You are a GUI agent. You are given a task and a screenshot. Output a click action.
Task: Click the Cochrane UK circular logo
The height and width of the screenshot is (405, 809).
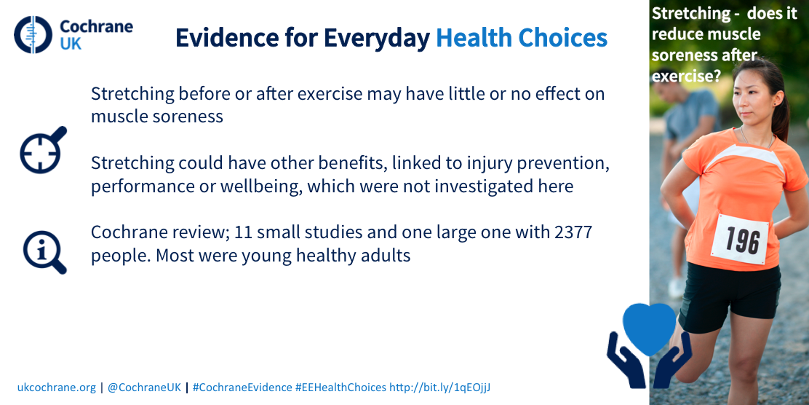(33, 34)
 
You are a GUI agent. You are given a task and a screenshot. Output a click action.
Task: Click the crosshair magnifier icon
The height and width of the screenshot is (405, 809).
(43, 149)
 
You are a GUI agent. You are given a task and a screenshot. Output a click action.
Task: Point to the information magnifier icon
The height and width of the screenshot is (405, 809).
(44, 251)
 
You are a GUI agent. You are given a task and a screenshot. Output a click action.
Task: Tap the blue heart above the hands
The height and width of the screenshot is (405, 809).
(649, 328)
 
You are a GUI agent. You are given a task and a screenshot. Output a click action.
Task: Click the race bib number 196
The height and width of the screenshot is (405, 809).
(743, 240)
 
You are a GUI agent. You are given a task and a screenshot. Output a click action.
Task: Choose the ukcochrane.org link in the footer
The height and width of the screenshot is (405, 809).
(57, 387)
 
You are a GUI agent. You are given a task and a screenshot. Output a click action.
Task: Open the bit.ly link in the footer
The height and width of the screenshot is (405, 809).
(439, 387)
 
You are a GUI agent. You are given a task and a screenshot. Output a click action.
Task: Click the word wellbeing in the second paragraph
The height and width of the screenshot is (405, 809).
(260, 186)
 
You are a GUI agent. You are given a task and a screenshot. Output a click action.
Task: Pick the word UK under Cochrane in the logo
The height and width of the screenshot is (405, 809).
(71, 44)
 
